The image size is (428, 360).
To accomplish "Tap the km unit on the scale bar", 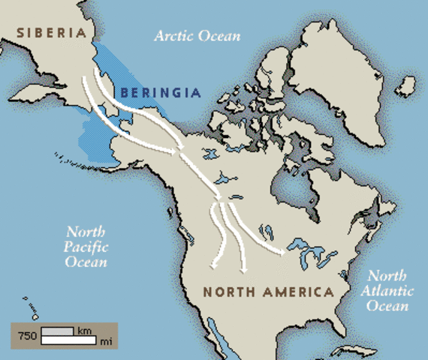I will coord(85,330).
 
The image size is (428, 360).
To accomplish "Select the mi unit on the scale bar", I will coord(104,340).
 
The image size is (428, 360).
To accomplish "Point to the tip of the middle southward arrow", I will coord(243,268).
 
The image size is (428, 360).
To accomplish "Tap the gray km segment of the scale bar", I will coord(57,331).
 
